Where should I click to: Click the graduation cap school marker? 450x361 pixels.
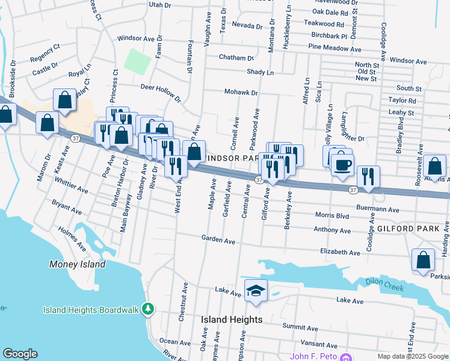[x=256, y=290]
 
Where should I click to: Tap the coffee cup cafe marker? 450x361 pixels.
[x=343, y=165]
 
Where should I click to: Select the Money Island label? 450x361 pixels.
[x=78, y=264]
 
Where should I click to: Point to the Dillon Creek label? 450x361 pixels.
[x=384, y=285]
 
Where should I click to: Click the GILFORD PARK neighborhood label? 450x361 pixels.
[x=405, y=229]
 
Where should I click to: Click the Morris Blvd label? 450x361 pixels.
[x=333, y=215]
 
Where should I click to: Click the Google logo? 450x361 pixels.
[x=20, y=354]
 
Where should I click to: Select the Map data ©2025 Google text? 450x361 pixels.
[x=413, y=356]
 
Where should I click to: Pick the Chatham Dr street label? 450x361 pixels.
[x=236, y=58]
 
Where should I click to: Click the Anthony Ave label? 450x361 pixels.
[x=332, y=230]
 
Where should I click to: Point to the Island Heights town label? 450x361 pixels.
[x=232, y=320]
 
